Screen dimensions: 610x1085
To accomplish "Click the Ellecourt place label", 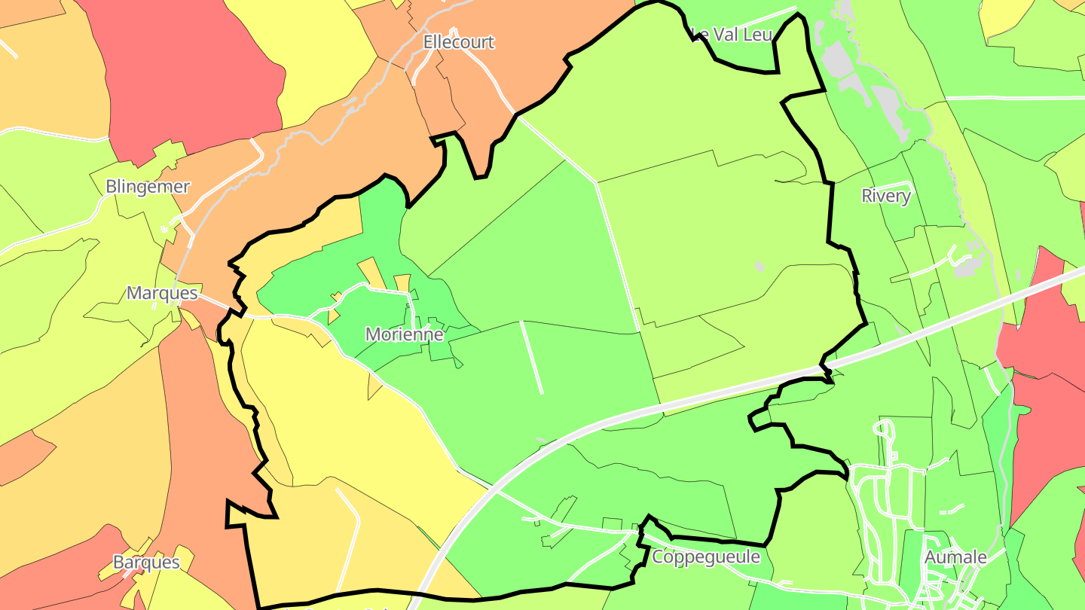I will (x=458, y=42).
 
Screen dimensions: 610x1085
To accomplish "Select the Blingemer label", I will (x=148, y=187).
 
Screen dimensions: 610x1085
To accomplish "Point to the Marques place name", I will (x=162, y=293).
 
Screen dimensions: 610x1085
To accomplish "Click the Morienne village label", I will (x=404, y=334).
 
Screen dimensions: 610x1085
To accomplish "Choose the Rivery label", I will (x=886, y=197).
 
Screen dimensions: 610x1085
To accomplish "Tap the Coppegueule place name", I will (x=706, y=557).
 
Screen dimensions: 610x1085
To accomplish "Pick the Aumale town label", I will (x=955, y=557).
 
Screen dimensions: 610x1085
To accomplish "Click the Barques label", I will (x=146, y=562).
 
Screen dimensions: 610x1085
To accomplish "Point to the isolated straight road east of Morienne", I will (x=531, y=358).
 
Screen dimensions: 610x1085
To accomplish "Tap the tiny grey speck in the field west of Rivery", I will (x=759, y=266).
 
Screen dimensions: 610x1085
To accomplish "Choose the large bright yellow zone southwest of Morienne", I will (x=354, y=422).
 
